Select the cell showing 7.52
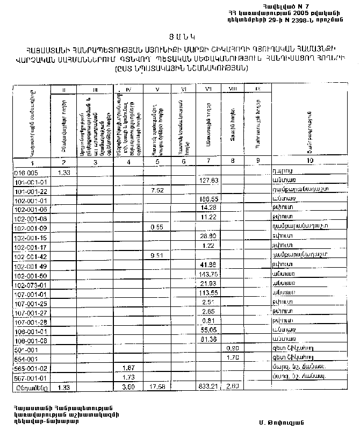157,190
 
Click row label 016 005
26,173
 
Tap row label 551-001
26,358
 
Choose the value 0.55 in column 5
157,227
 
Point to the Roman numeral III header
95,89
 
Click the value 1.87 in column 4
128,367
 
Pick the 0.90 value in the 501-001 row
232,348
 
